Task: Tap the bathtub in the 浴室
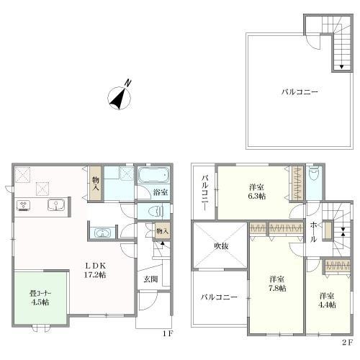[154, 175]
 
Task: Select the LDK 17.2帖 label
[95, 270]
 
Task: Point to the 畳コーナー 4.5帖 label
[40, 298]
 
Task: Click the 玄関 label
[150, 279]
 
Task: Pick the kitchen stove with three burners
[23, 206]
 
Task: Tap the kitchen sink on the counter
[56, 205]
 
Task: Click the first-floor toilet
[156, 212]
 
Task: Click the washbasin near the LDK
[102, 233]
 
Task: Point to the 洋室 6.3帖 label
[257, 192]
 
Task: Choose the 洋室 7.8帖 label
[277, 284]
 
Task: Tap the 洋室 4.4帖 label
[327, 300]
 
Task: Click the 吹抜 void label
[221, 246]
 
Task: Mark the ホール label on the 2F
[313, 232]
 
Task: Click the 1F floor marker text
[167, 333]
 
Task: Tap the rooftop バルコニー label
[300, 92]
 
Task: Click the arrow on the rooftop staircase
[341, 67]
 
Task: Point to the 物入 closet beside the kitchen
[96, 184]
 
